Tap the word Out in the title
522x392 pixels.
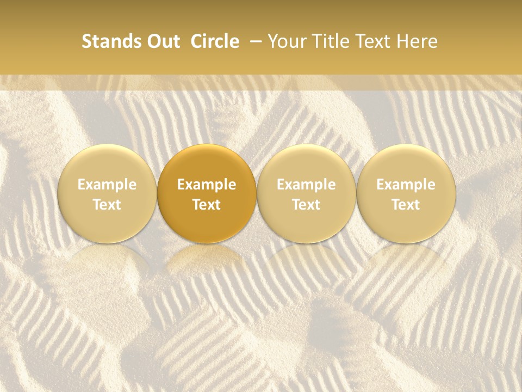tap(162, 42)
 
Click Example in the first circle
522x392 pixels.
tap(107, 185)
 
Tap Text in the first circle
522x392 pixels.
tap(107, 205)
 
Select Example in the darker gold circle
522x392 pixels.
tap(207, 185)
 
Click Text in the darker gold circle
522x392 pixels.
tap(207, 205)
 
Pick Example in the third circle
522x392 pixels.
tap(306, 185)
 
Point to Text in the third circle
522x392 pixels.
tap(306, 205)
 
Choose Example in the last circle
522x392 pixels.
tap(406, 185)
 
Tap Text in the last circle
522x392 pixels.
tap(406, 205)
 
